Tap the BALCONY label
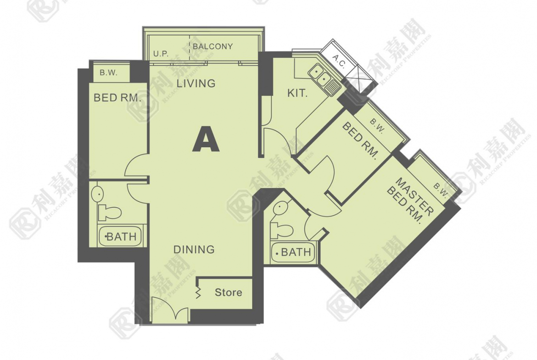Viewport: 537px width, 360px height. tap(213, 46)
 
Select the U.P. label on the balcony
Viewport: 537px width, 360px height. tap(161, 54)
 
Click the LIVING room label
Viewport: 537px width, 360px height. tap(196, 83)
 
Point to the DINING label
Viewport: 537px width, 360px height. tap(194, 249)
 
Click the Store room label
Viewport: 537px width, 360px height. tap(229, 292)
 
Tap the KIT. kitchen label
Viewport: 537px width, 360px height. tap(297, 93)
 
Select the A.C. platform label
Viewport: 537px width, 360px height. tap(339, 61)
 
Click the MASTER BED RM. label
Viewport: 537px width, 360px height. tap(410, 200)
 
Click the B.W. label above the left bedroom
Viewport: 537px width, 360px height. tap(108, 72)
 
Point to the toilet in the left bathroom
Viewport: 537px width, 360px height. tap(109, 212)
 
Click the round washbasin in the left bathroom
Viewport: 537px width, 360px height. tap(98, 194)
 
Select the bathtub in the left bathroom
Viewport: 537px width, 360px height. tap(121, 236)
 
